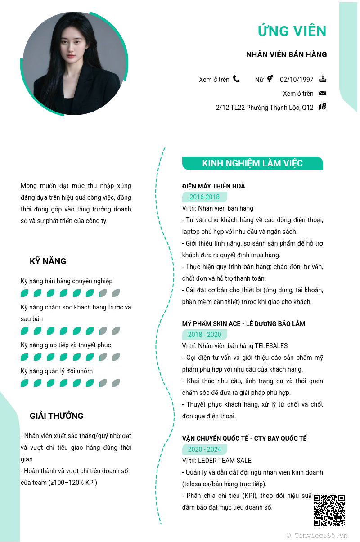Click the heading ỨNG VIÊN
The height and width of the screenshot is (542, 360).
(292, 31)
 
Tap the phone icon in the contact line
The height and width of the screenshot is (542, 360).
(236, 79)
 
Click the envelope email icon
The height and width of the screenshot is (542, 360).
(323, 93)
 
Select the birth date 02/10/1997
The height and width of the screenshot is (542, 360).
(297, 80)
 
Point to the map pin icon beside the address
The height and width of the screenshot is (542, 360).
(323, 107)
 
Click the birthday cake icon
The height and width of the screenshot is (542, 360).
(323, 79)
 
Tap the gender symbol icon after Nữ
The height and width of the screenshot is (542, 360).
(270, 79)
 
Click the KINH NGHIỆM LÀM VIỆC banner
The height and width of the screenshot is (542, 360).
(252, 163)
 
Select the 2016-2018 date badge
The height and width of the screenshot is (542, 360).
(204, 197)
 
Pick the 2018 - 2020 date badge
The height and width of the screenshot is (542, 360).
(204, 335)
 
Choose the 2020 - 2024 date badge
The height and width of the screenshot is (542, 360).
(204, 449)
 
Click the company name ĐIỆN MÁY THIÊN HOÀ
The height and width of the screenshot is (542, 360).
(213, 186)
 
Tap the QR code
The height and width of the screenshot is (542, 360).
(329, 510)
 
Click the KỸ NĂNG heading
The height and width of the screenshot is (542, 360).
(48, 261)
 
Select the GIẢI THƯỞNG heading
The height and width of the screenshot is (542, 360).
(57, 416)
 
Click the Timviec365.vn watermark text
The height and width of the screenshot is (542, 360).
(317, 536)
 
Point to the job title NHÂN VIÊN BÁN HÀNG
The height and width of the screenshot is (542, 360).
(286, 55)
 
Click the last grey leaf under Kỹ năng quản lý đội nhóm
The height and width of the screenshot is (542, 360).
(116, 383)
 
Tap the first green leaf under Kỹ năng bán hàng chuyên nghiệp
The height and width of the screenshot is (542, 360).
(25, 293)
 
